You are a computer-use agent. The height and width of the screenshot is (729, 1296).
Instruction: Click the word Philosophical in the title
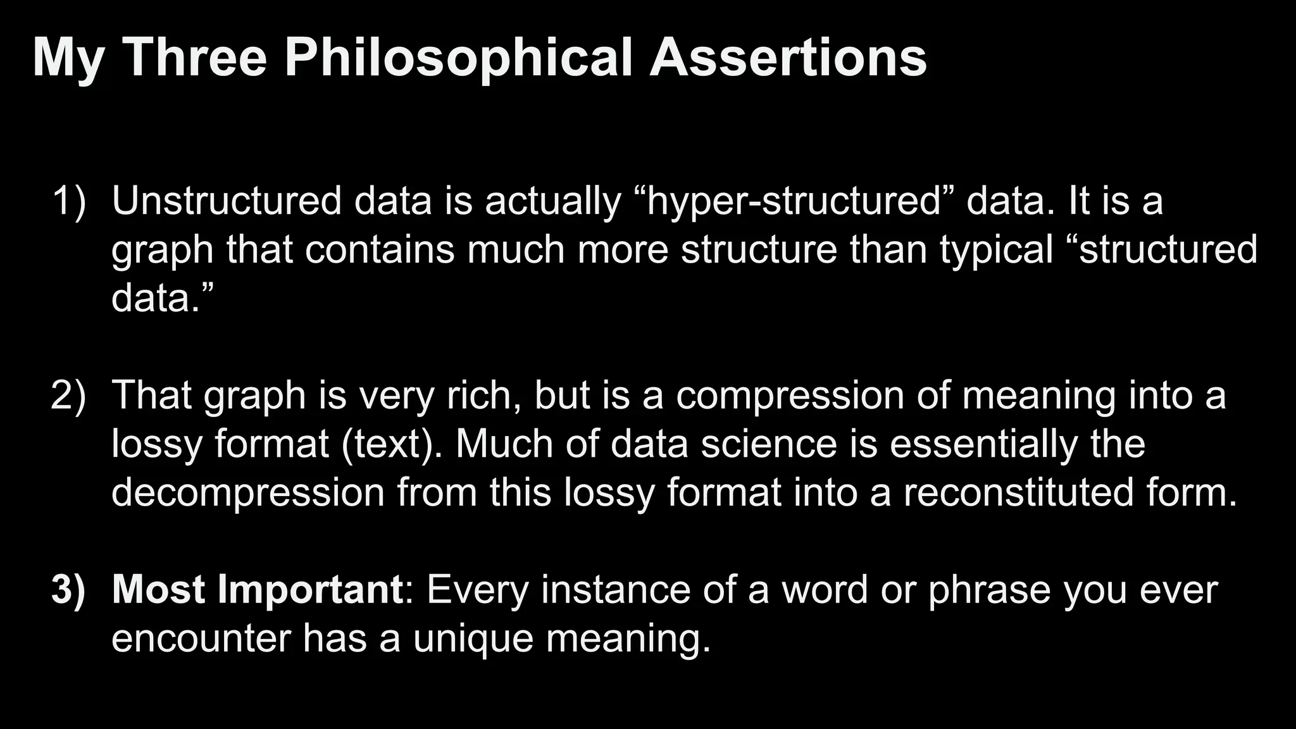458,58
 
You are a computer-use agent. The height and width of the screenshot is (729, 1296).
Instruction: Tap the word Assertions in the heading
788,58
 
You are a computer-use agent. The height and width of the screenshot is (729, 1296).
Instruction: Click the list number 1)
68,201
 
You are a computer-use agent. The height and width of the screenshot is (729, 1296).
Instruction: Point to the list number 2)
68,396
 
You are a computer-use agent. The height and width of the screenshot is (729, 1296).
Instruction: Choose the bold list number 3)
68,590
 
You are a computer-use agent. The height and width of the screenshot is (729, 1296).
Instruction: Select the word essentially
983,444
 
